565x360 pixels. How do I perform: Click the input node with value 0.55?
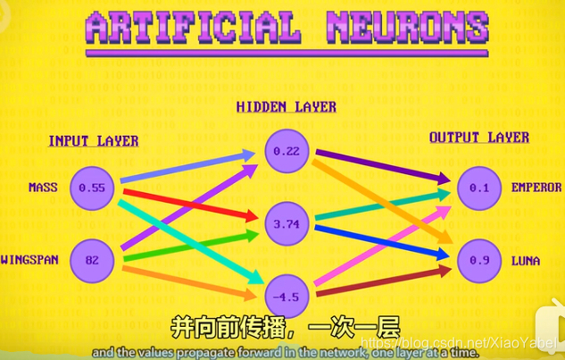click(92, 188)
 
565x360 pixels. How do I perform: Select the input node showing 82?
click(92, 260)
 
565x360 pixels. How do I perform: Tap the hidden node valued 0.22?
click(286, 151)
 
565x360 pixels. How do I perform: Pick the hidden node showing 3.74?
click(286, 224)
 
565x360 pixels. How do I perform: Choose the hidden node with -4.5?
click(286, 297)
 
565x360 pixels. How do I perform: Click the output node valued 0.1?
click(479, 188)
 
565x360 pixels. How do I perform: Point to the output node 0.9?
click(479, 260)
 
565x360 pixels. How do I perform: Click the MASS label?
click(43, 188)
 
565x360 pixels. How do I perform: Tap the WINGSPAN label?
click(29, 260)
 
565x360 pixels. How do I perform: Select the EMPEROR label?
click(536, 188)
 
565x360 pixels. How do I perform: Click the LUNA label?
click(526, 260)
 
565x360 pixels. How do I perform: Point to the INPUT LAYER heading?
click(93, 141)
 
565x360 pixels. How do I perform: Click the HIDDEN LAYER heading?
click(286, 107)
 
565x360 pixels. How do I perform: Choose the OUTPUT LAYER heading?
click(479, 138)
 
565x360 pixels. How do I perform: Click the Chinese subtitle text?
click(285, 328)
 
